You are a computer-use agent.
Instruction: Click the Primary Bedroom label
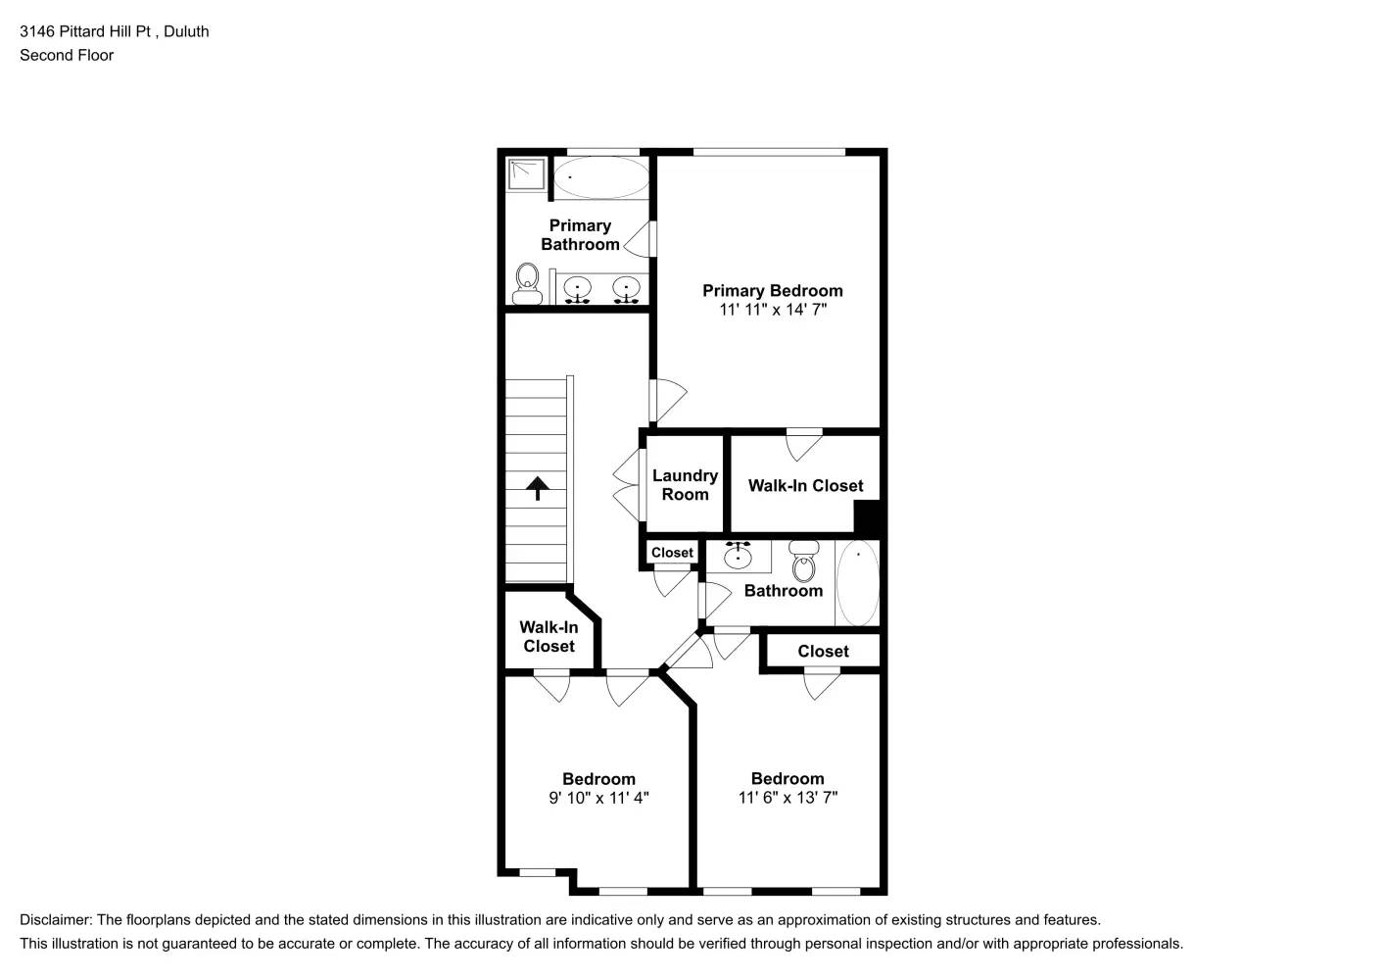point(772,290)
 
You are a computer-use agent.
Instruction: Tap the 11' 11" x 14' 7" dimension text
point(772,310)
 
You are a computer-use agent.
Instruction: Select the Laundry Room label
point(685,485)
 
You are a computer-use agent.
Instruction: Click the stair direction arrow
point(538,487)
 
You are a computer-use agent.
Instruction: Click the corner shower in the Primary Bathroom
point(526,175)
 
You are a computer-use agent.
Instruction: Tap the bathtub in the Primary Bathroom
point(599,177)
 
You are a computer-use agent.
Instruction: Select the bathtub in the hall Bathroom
point(858,583)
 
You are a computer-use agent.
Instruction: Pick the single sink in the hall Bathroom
point(738,557)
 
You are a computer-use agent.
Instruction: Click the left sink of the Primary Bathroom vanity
point(579,289)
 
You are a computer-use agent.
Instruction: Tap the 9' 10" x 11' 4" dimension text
point(598,798)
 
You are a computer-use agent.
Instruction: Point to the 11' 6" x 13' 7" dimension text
point(788,798)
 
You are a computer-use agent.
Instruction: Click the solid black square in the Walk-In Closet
point(868,517)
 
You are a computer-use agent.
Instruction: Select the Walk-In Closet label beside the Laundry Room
point(805,485)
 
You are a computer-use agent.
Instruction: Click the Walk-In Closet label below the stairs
point(549,636)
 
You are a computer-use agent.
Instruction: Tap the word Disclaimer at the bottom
point(56,920)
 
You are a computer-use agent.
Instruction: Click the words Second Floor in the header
point(67,55)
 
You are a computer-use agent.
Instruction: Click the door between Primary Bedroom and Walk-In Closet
point(804,444)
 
